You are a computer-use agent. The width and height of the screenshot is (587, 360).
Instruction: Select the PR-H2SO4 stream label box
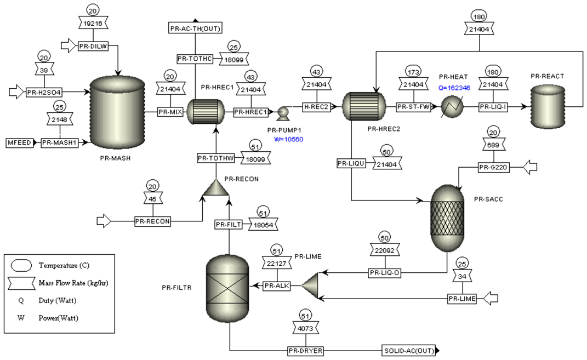[x=43, y=92]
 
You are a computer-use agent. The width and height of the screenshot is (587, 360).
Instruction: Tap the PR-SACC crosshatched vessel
[x=449, y=218]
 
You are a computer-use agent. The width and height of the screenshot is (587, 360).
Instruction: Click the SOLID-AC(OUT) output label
[x=408, y=350]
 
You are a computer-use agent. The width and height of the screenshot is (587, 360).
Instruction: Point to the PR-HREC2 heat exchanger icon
[x=362, y=106]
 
